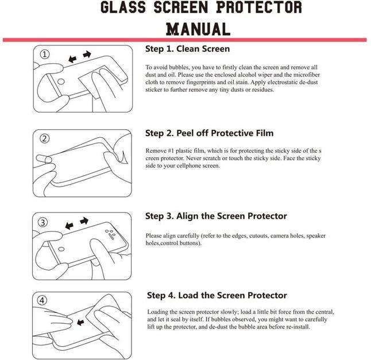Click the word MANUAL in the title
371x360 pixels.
pos(198,28)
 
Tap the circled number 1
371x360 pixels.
pos(45,55)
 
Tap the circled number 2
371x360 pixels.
pos(45,138)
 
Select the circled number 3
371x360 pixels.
pos(43,222)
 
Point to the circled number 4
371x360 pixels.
pos(43,300)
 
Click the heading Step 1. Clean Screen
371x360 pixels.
pos(187,49)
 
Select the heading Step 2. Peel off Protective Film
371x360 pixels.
pos(209,133)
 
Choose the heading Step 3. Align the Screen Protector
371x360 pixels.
pos(216,216)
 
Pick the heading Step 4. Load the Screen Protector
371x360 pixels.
pos(217,295)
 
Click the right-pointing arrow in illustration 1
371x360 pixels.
pos(87,55)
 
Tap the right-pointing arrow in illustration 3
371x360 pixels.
pos(84,220)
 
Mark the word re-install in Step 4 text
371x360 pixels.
pos(296,327)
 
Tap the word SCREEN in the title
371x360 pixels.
pos(195,7)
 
